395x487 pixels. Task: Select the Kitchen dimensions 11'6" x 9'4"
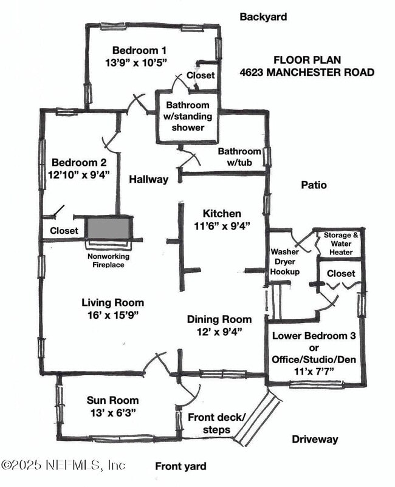pyautogui.click(x=222, y=226)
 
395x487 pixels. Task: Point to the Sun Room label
pyautogui.click(x=112, y=400)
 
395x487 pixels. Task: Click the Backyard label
pyautogui.click(x=263, y=16)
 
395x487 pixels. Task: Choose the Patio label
pyautogui.click(x=314, y=185)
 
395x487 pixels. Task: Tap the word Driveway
pyautogui.click(x=314, y=439)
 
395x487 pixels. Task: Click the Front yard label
pyautogui.click(x=180, y=466)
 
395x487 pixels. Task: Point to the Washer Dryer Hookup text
pyautogui.click(x=285, y=262)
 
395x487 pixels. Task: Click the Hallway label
pyautogui.click(x=148, y=179)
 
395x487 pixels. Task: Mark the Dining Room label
pyautogui.click(x=219, y=319)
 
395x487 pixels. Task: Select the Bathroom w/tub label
pyautogui.click(x=239, y=157)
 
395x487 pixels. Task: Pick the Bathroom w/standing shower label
pyautogui.click(x=188, y=117)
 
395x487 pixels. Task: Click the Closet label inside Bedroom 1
pyautogui.click(x=200, y=75)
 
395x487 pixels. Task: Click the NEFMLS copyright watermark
pyautogui.click(x=63, y=465)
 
